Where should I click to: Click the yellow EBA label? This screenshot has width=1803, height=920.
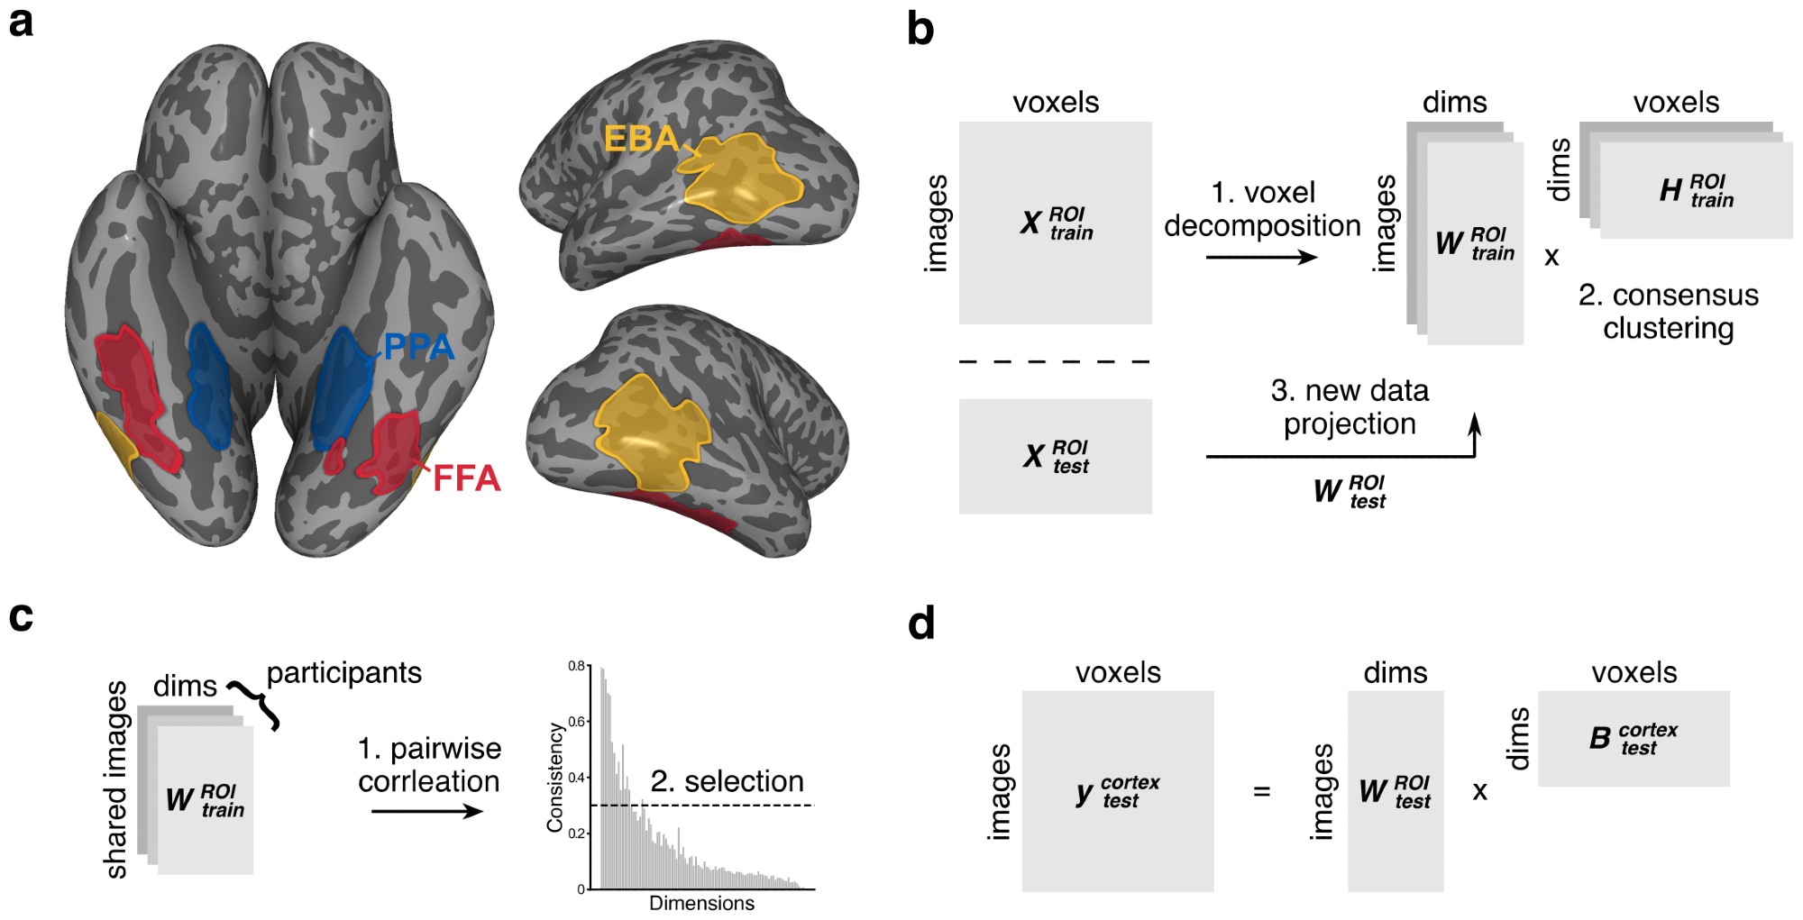640,139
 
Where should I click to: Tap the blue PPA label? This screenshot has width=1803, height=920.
418,347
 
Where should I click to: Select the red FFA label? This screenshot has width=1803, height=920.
466,478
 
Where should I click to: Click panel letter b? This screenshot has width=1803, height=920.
920,30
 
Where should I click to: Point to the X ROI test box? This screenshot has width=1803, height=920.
1055,456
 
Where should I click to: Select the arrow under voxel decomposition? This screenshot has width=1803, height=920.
1261,258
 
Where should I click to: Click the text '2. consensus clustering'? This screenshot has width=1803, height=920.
1668,312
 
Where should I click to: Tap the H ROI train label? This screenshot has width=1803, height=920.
1696,191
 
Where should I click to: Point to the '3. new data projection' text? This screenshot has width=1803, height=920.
1350,407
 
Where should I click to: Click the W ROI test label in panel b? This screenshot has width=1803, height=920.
1350,492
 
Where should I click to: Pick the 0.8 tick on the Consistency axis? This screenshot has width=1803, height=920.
577,666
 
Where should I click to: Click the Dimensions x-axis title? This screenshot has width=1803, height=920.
701,903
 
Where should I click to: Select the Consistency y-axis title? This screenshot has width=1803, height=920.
555,777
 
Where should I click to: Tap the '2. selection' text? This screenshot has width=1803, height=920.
727,781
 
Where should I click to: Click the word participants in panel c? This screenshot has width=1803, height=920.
343,672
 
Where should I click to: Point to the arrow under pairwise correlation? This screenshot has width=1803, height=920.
427,812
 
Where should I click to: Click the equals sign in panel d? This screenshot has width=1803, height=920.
1261,791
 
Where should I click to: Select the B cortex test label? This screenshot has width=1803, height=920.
1633,738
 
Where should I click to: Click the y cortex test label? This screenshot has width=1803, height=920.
1117,792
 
